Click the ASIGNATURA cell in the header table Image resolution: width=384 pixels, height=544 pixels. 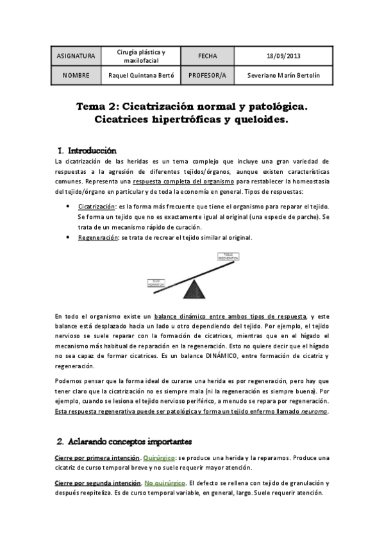pyautogui.click(x=76, y=56)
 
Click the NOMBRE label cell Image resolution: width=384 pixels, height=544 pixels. pyautogui.click(x=76, y=75)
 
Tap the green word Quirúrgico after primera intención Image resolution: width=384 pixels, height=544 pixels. pyautogui.click(x=159, y=458)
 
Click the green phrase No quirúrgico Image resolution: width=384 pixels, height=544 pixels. pyautogui.click(x=165, y=482)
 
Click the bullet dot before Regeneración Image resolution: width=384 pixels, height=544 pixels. pyautogui.click(x=69, y=237)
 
